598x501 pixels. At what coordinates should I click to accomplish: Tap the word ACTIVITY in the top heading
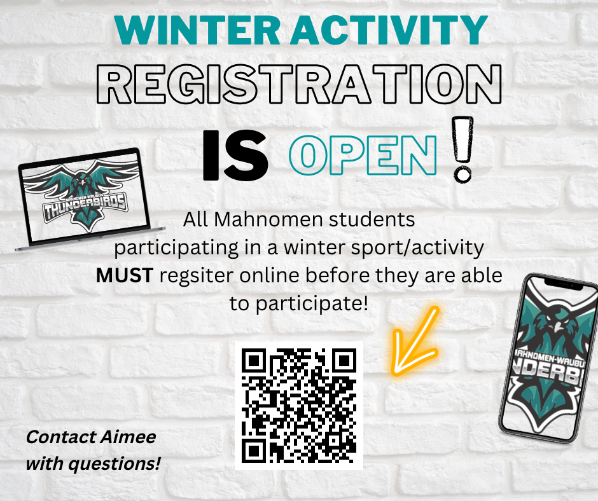coord(389,30)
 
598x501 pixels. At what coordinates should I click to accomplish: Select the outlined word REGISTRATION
coord(299,84)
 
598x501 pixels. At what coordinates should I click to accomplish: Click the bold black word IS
coord(235,155)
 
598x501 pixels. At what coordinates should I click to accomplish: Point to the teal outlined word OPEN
coord(363,155)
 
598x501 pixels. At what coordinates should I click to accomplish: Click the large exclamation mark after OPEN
coord(462,149)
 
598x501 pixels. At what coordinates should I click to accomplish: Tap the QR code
coord(299,405)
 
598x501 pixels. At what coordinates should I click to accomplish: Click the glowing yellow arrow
coord(414,342)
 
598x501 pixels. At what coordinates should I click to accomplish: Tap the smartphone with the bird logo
coord(549,359)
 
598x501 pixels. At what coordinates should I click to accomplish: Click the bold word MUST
coord(125,275)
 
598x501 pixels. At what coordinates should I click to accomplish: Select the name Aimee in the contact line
coord(129,437)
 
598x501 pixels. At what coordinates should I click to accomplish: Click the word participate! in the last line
coord(312,304)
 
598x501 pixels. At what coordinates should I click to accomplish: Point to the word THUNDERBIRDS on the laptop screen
coord(85,207)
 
